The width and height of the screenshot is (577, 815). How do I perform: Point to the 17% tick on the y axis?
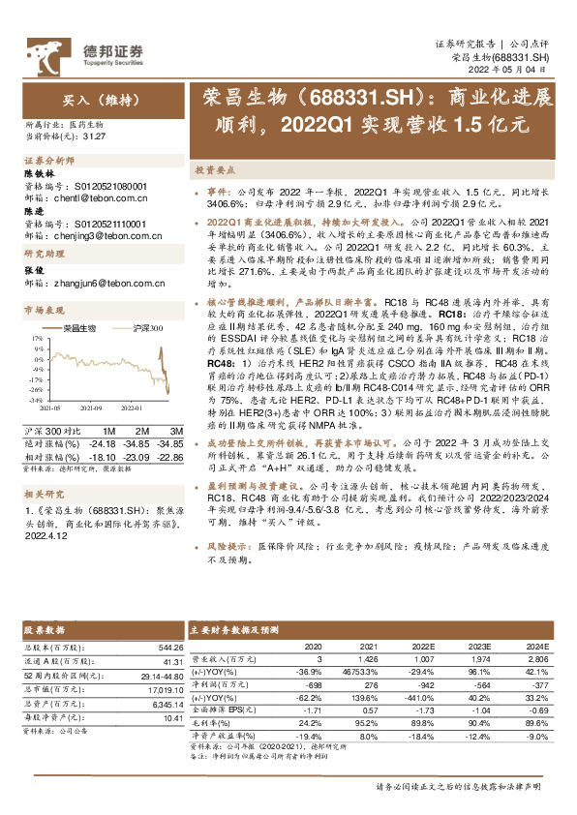coord(36,339)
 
